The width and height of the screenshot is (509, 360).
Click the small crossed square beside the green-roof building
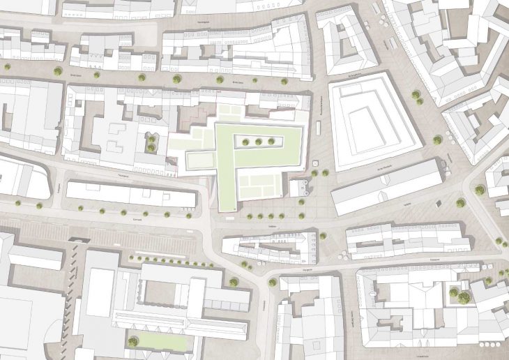point(301,187)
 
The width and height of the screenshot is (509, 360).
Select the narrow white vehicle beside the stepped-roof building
point(318,128)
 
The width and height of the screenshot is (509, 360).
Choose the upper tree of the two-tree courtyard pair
point(151,138)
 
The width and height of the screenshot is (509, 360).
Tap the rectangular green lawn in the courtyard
point(158,343)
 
